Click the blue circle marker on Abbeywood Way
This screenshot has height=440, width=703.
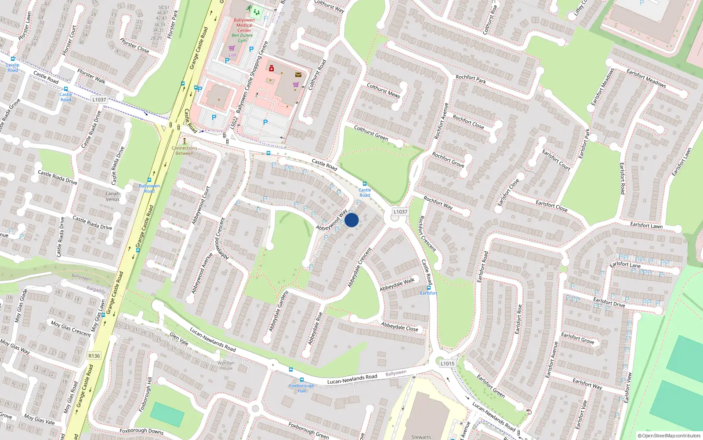coord(351,220)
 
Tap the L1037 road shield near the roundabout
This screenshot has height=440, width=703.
coord(400,212)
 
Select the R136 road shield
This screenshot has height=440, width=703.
coord(94,356)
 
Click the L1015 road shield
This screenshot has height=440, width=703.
coord(447,363)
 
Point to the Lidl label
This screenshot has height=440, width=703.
coord(232,55)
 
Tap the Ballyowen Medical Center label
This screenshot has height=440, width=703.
coord(244,25)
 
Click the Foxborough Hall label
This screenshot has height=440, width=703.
coord(301,388)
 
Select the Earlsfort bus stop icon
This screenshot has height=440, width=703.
coord(429,287)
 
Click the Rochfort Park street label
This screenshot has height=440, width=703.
coord(471,79)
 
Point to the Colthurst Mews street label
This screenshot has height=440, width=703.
coord(383,90)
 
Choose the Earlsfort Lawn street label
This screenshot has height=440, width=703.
coord(646,225)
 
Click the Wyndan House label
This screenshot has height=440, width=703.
coord(226,366)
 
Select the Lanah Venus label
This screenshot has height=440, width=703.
coord(112,196)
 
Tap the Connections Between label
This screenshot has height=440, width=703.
coord(185,150)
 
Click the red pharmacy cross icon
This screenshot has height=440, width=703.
coord(272,68)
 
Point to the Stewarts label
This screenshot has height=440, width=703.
coord(421,437)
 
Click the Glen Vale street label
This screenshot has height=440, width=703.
coord(179,339)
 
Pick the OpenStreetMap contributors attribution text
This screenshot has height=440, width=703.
coord(669,436)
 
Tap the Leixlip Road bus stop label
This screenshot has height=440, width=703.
coord(13,67)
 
